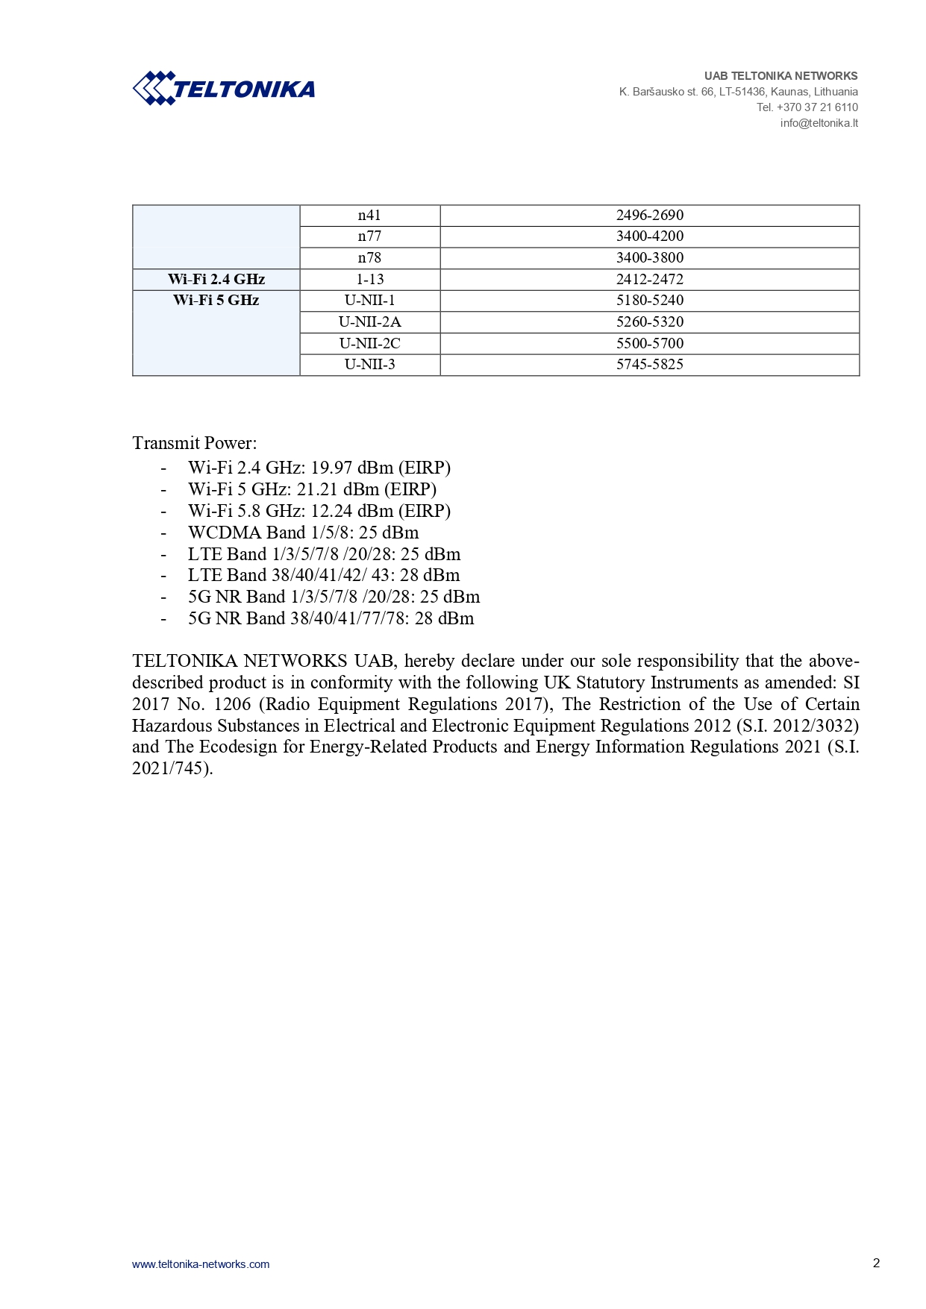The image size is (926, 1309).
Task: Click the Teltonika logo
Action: [224, 89]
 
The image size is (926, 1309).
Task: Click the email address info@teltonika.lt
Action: [819, 123]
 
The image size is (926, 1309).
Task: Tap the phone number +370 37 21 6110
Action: [817, 107]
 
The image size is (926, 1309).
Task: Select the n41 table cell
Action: [369, 216]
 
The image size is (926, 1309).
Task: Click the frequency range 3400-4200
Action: [649, 236]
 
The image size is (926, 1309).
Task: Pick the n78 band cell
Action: [369, 258]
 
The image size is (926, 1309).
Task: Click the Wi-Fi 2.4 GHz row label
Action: [216, 280]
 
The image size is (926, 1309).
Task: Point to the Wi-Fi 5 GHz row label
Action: [216, 301]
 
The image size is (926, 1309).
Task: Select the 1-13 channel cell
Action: [369, 280]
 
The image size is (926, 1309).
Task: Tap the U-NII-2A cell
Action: [369, 322]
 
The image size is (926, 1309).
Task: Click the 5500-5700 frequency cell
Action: [649, 344]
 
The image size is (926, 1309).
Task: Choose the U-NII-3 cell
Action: [369, 365]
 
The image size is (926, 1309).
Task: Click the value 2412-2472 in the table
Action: [649, 280]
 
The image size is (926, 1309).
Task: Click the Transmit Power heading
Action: [194, 443]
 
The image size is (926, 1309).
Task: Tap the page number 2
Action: [876, 1263]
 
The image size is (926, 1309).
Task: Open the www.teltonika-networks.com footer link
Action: [201, 1264]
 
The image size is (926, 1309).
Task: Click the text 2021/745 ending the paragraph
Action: [169, 769]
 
